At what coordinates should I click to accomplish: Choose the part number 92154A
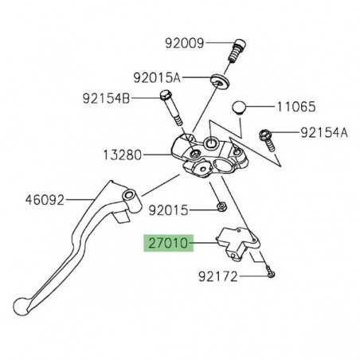point(323,133)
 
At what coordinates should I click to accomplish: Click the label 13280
point(126,152)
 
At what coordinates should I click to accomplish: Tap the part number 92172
point(222,279)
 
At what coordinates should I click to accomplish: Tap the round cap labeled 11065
point(244,108)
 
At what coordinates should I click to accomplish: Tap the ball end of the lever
point(25,305)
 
